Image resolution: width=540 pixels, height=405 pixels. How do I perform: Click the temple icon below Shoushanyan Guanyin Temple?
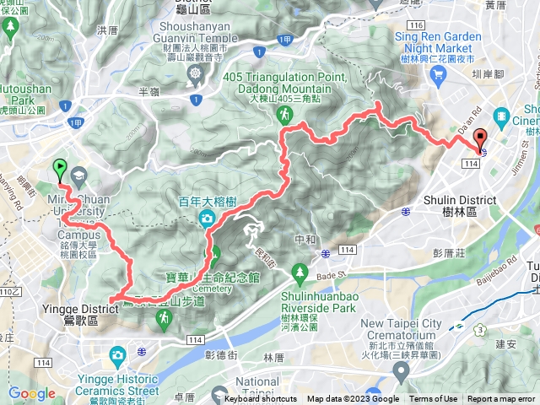197,74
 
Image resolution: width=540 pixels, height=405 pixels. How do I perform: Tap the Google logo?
31,393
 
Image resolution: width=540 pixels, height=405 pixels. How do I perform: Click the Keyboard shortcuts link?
261,399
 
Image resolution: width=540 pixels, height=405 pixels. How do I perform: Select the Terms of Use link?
433,399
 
